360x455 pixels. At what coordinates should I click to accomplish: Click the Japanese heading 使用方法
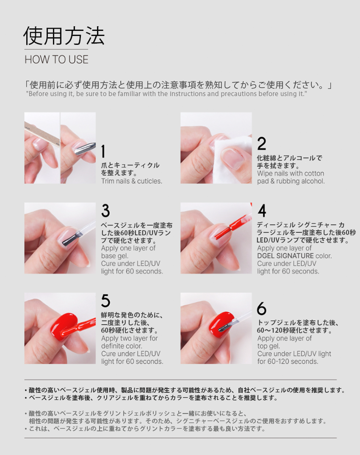64,36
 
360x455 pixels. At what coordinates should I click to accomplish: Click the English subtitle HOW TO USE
57,60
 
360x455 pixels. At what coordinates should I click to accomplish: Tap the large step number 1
103,152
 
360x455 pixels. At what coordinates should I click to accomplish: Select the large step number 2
262,143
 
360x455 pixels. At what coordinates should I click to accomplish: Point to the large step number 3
106,211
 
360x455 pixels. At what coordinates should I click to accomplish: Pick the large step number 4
262,211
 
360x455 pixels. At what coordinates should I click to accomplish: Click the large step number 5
106,301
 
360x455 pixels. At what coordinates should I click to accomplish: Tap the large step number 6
262,309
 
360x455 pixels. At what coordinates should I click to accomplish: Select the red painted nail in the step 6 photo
222,325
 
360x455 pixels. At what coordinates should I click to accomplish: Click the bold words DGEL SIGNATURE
285,256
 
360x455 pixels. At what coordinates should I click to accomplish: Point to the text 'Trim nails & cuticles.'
132,181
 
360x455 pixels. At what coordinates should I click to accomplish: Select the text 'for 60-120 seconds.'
288,361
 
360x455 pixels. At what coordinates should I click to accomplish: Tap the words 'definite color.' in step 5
122,346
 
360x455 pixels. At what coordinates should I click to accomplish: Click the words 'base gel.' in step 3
115,256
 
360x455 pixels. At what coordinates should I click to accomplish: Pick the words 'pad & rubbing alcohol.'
291,181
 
